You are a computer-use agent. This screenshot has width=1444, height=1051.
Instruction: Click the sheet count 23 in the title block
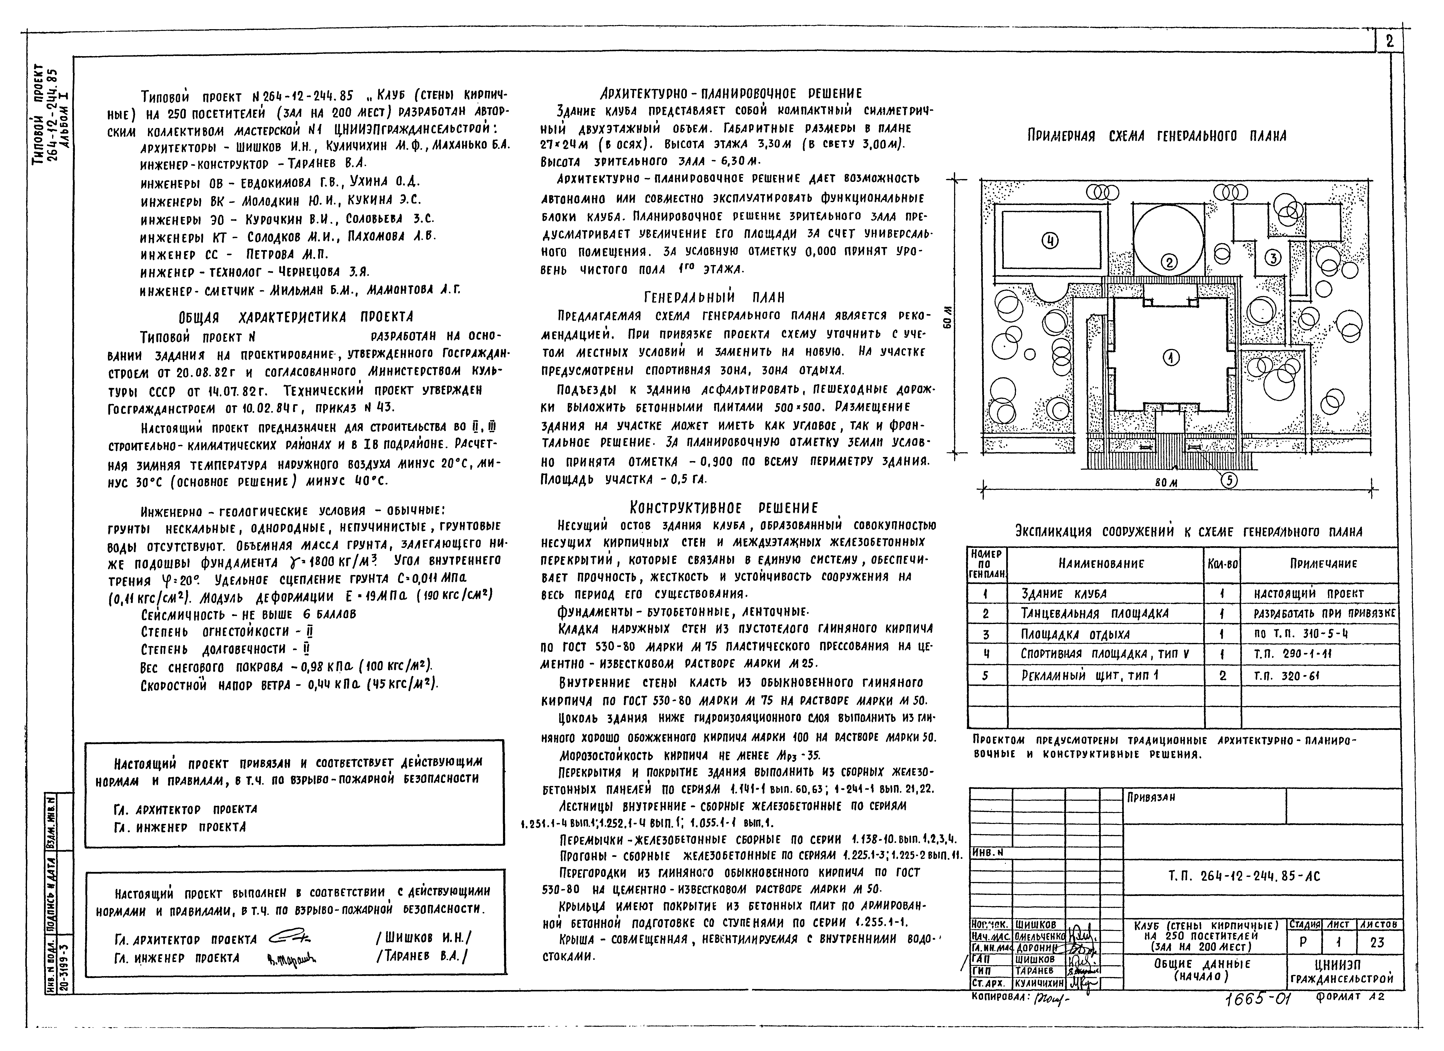[1376, 943]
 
